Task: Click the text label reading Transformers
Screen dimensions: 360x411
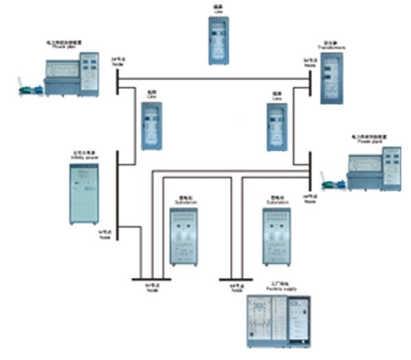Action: [331, 48]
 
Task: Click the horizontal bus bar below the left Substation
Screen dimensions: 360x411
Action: [151, 280]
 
